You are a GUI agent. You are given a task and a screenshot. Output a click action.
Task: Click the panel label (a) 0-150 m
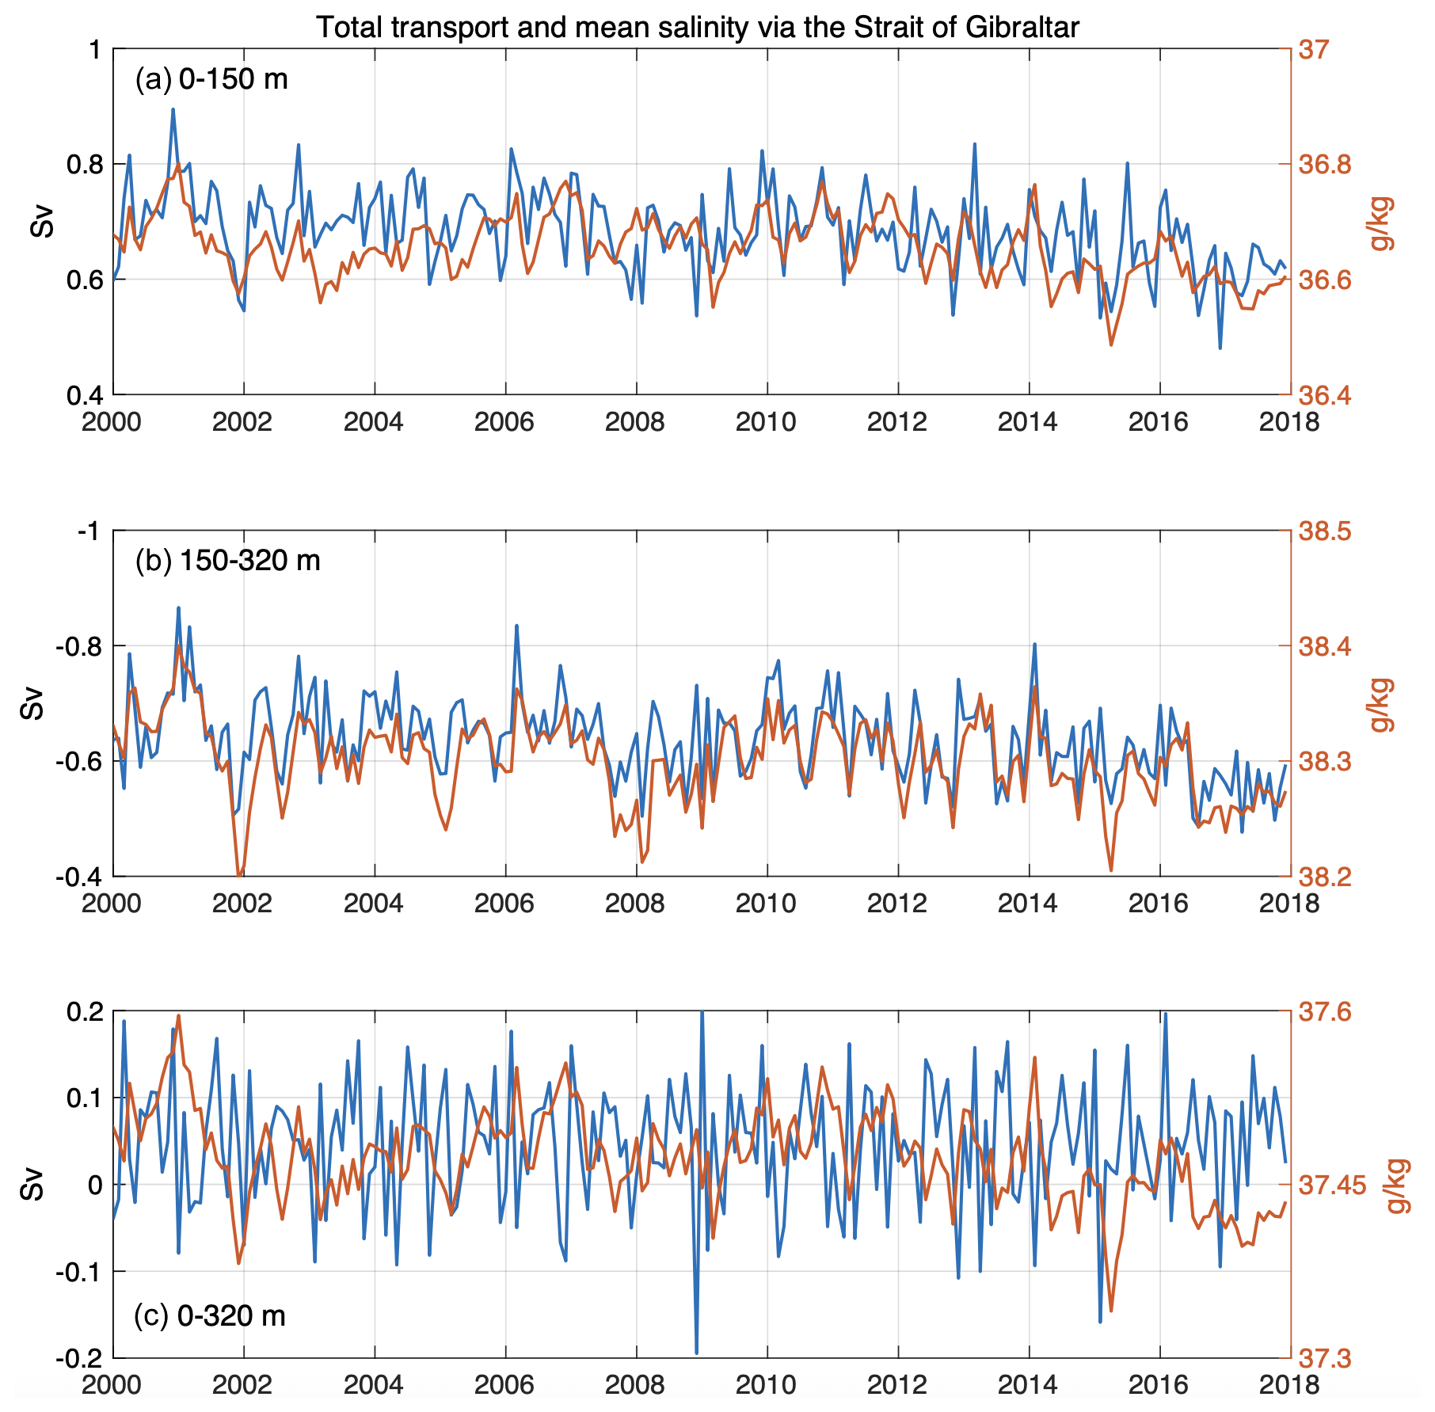(x=211, y=79)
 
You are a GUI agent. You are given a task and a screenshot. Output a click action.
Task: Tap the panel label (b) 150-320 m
(x=227, y=561)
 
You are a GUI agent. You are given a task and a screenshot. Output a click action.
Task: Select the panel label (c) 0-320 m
(x=209, y=1315)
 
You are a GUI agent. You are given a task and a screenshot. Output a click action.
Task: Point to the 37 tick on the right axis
(x=1313, y=51)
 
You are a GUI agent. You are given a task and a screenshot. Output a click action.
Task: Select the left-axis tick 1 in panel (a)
(x=97, y=50)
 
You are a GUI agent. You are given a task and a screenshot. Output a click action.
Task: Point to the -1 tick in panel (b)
(x=89, y=531)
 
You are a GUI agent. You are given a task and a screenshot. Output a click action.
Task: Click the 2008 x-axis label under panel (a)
(x=635, y=422)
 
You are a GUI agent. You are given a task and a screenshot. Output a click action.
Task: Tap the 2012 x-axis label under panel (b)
(x=896, y=904)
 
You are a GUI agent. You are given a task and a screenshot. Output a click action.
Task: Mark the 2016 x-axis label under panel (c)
(x=1159, y=1385)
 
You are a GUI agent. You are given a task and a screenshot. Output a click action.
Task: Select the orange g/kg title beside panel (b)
(x=1380, y=704)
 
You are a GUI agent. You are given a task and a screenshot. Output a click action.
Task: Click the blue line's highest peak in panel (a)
(x=173, y=109)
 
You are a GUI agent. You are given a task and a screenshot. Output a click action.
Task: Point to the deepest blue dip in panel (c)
(x=696, y=1353)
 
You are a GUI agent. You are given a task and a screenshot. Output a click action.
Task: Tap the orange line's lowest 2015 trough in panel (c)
(x=1111, y=1311)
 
